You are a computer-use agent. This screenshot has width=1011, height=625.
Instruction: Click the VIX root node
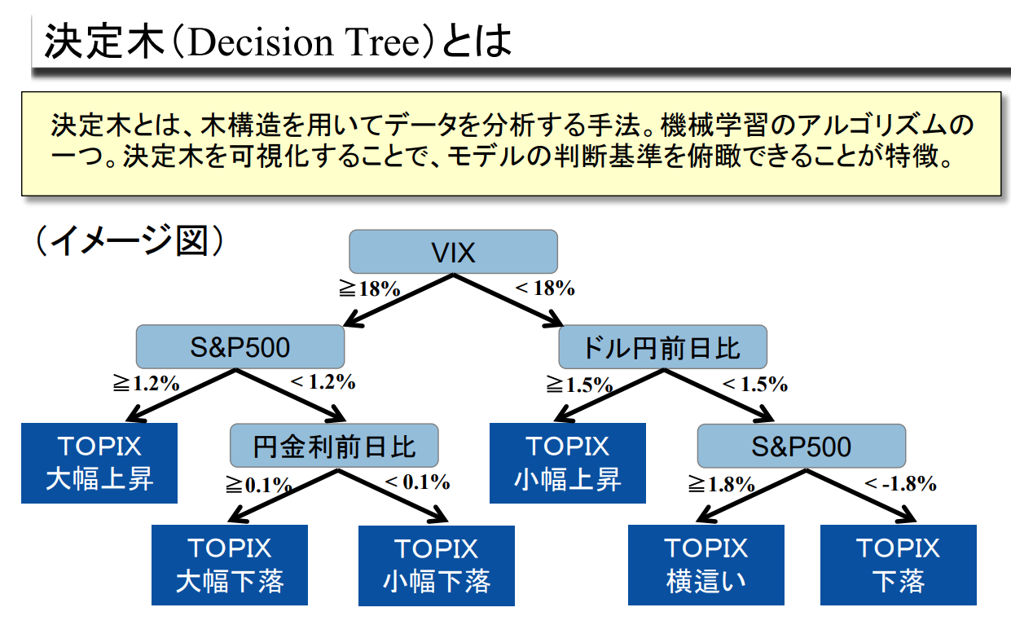click(x=453, y=252)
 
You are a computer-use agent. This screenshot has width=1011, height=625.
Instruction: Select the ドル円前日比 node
click(x=662, y=348)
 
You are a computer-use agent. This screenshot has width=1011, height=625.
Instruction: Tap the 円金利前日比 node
click(x=334, y=446)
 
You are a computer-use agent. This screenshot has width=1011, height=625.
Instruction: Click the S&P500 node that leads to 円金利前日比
click(x=240, y=348)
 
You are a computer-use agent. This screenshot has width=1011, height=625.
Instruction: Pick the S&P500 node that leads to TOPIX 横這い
click(x=801, y=446)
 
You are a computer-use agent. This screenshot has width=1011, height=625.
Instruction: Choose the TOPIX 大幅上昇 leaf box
click(x=99, y=462)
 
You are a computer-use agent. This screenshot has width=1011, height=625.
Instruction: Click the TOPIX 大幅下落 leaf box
click(x=230, y=564)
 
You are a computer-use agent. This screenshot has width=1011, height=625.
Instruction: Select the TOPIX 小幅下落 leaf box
click(x=437, y=564)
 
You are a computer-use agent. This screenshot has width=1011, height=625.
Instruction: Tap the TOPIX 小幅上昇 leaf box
click(x=567, y=462)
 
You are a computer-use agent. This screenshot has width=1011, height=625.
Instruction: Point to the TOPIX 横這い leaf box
click(x=706, y=564)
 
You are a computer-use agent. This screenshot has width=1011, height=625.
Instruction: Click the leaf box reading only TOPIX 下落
click(x=898, y=564)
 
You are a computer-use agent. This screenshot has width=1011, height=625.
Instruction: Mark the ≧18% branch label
click(x=369, y=289)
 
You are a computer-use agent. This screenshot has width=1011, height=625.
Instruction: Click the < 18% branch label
click(x=545, y=288)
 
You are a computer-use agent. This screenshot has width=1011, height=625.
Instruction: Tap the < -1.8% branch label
click(x=900, y=483)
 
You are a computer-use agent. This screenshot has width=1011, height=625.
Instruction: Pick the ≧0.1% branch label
click(x=258, y=485)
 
